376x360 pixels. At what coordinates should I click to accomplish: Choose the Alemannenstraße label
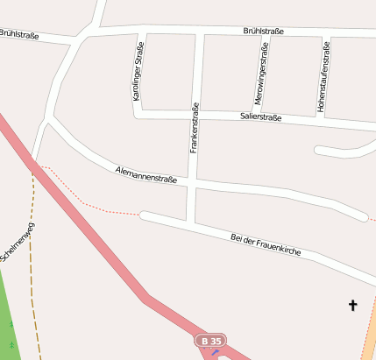(x=146, y=173)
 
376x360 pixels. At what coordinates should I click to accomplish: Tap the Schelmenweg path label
(x=18, y=242)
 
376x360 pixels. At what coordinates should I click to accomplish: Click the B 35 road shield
(x=210, y=340)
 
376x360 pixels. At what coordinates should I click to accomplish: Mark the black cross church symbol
(x=353, y=305)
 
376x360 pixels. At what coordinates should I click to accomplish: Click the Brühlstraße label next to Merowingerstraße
(x=263, y=32)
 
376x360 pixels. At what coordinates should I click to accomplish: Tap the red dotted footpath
(x=96, y=208)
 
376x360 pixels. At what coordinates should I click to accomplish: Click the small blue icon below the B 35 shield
(x=216, y=352)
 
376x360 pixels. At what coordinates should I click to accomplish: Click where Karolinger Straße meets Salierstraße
(x=142, y=111)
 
